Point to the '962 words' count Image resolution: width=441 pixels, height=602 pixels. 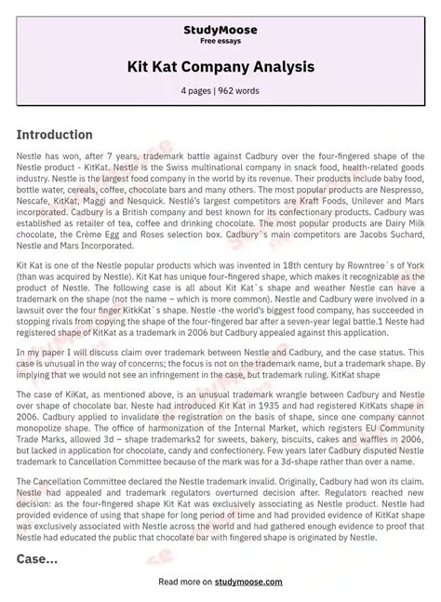coord(239,91)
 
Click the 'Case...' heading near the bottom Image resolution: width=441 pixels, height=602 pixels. coord(37,559)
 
